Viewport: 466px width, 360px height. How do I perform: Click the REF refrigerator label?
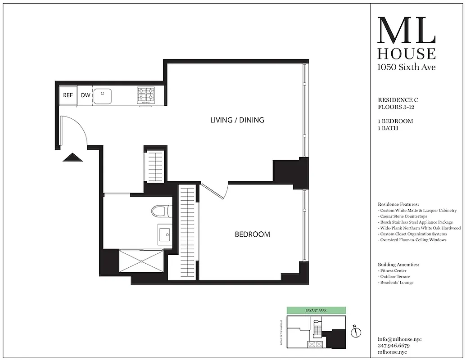click(68, 95)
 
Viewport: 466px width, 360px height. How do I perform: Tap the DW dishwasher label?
click(85, 95)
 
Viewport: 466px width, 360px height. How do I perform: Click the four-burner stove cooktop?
click(146, 95)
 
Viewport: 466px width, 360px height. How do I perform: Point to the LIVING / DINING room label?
click(237, 120)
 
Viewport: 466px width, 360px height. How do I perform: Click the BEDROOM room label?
click(253, 234)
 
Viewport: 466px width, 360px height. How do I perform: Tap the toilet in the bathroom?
click(160, 211)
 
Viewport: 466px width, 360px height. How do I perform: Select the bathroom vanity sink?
click(164, 234)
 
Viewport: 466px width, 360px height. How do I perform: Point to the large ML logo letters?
click(406, 31)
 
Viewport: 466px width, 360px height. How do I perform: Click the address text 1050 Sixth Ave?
click(406, 67)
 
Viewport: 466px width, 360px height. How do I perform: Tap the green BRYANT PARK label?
click(316, 310)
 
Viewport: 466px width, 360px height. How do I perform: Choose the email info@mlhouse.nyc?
click(399, 339)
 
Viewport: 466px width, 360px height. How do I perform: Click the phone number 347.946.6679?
click(394, 346)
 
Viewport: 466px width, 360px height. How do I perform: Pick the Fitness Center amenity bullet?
click(393, 271)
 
